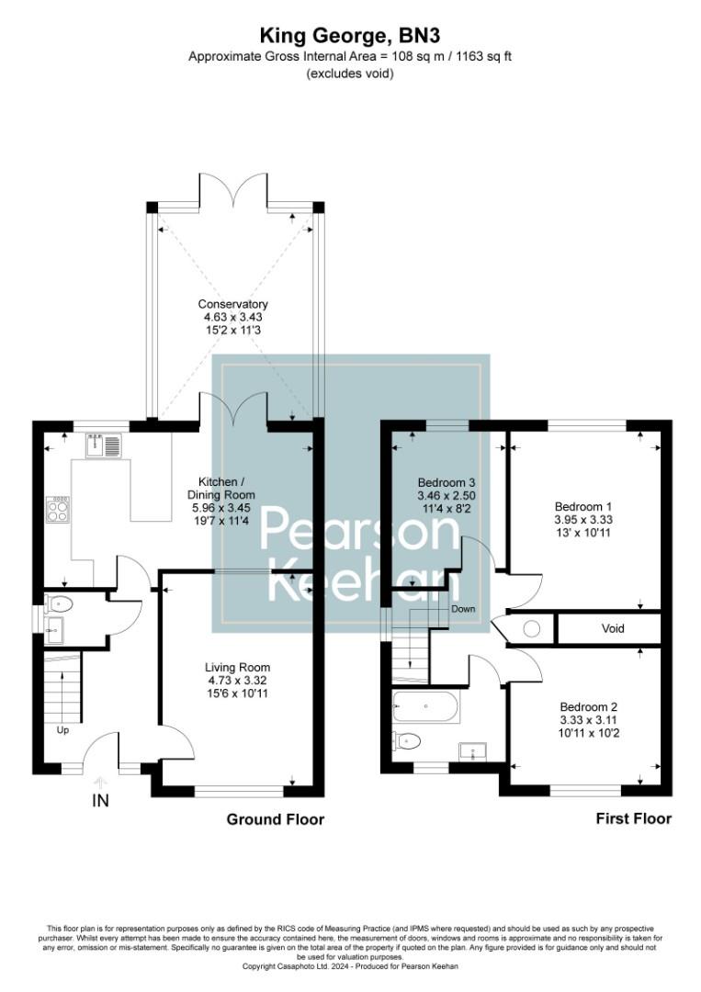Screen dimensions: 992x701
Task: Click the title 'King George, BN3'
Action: pyautogui.click(x=350, y=37)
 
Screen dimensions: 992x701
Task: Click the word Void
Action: pyautogui.click(x=613, y=629)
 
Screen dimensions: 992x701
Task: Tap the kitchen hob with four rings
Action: pyautogui.click(x=58, y=509)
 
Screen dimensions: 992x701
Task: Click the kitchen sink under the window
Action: pyautogui.click(x=103, y=446)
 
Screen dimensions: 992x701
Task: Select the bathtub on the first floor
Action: pyautogui.click(x=425, y=708)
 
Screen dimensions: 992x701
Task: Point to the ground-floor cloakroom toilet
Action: pyautogui.click(x=60, y=604)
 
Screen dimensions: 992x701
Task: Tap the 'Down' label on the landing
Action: pyautogui.click(x=462, y=609)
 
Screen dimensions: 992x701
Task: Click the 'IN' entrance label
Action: pyautogui.click(x=100, y=801)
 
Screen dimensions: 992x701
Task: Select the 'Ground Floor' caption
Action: pyautogui.click(x=276, y=818)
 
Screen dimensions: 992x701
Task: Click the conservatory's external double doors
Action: pyautogui.click(x=234, y=189)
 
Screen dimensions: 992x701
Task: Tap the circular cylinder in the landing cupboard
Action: pyautogui.click(x=530, y=629)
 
